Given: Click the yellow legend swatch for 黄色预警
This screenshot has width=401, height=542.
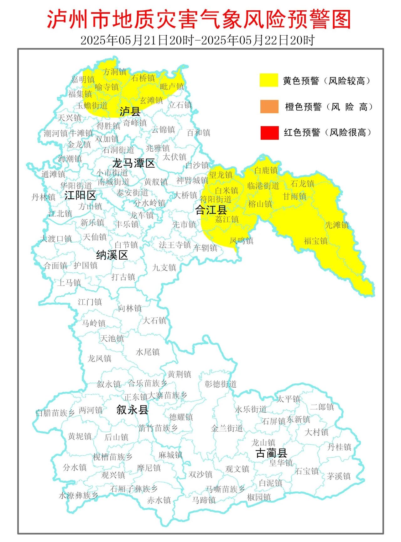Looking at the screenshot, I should click(x=269, y=80).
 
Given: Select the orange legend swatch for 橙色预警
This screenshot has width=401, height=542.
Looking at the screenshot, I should click(x=269, y=107).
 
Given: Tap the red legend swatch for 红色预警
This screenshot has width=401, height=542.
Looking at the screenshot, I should click(x=269, y=132).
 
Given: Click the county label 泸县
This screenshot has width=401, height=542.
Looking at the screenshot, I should click(x=130, y=111).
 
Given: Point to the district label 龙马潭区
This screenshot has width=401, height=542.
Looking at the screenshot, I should click(x=134, y=163).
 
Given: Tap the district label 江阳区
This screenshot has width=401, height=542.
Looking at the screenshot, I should click(x=80, y=195).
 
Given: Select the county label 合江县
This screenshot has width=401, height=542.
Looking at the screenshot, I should click(x=211, y=210).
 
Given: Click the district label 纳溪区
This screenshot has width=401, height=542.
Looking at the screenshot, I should click(x=112, y=255).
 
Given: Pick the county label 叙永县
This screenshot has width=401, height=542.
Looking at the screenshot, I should click(x=132, y=410).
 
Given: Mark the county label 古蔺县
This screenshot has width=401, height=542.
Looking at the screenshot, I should click(x=271, y=453).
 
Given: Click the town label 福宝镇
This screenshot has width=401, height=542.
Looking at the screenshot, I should click(x=315, y=241).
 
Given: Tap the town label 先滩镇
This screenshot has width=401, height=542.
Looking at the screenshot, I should click(x=337, y=225).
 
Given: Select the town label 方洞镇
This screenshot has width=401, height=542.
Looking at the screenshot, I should click(x=115, y=72).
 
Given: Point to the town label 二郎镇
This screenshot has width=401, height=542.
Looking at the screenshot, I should click(x=322, y=407).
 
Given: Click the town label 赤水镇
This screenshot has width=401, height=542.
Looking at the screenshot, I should click(x=159, y=500).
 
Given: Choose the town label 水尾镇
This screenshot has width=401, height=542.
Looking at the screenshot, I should click(x=148, y=352).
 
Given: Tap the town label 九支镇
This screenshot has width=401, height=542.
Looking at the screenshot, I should click(x=164, y=268).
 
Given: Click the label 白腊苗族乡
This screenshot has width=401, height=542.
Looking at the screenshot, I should click(x=55, y=413).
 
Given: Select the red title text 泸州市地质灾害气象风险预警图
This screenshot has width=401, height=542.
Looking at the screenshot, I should click(x=199, y=19).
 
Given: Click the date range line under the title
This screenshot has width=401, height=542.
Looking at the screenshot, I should click(x=197, y=40).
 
